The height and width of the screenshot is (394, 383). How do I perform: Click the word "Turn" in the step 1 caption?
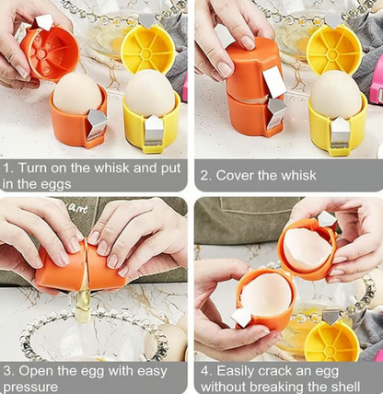32,168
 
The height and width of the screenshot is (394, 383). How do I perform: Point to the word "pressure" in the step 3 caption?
30,387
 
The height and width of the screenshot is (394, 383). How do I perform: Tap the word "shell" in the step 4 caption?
343,387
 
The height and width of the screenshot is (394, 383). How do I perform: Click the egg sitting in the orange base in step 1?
77,94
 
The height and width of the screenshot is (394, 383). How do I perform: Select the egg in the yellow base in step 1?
150,93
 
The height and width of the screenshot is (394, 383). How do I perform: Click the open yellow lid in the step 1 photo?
147,50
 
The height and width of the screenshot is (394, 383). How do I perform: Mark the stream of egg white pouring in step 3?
83,307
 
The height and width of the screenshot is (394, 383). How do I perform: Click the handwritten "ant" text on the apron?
77,209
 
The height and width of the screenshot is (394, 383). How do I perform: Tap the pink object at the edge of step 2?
376,80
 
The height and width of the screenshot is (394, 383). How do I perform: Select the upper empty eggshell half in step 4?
308,247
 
